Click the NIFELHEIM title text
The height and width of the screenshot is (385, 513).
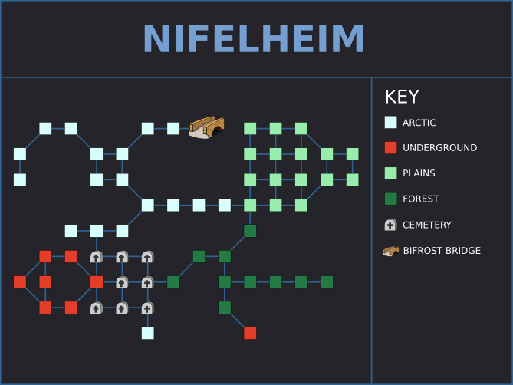254,38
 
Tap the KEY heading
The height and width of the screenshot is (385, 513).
402,97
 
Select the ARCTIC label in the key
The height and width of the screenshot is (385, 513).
419,123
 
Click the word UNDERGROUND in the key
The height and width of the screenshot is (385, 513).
439,147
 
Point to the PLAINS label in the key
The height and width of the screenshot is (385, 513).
419,173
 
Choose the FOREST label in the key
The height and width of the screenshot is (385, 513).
420,199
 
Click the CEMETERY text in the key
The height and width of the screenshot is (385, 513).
427,225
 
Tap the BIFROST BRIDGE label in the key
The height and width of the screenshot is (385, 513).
442,251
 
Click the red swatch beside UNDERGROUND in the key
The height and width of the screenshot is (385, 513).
390,147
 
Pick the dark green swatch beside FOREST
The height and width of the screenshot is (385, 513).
390,199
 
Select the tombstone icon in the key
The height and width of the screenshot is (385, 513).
390,225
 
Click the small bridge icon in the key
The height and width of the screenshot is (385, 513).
390,251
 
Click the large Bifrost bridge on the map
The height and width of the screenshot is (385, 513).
207,127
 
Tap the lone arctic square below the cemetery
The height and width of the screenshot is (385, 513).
148,334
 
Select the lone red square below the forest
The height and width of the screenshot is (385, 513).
250,334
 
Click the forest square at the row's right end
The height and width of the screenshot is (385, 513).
327,282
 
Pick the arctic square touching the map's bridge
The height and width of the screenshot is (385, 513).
173,129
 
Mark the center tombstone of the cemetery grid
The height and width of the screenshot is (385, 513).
122,282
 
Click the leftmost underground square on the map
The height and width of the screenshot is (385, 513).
20,282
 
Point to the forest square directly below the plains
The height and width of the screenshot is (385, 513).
250,231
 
